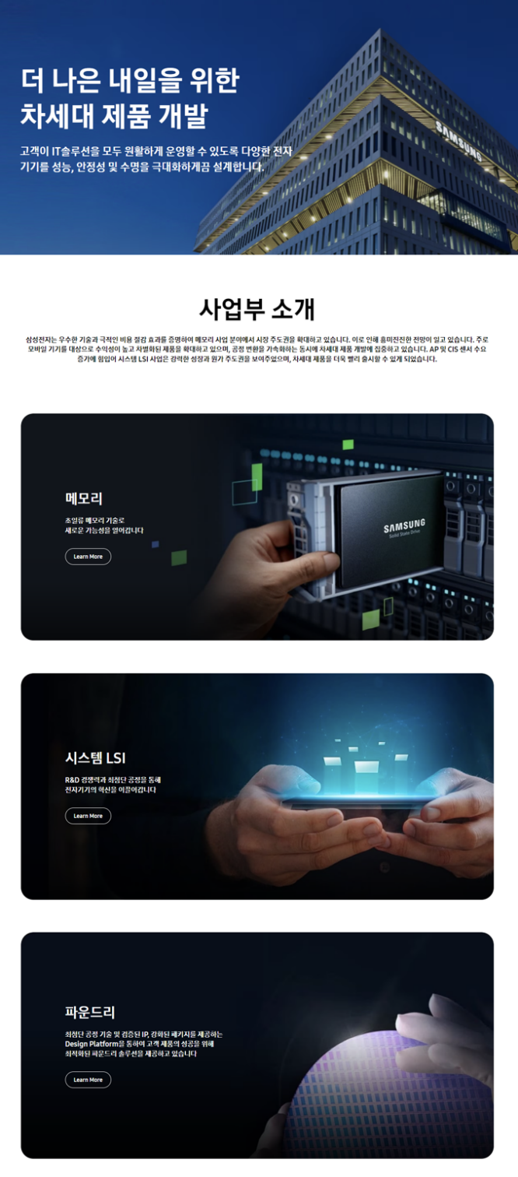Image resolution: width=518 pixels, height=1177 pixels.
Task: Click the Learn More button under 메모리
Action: tap(88, 557)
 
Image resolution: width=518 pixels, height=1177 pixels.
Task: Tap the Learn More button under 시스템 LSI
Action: tap(88, 816)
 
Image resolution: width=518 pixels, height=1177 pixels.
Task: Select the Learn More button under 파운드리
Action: tap(88, 1079)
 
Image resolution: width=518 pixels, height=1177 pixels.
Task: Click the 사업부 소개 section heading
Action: tap(257, 308)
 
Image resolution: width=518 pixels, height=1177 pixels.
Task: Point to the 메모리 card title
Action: tap(84, 498)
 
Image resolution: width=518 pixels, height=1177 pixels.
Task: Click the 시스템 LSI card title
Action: tap(96, 757)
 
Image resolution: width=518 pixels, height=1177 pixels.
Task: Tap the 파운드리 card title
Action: tap(89, 1011)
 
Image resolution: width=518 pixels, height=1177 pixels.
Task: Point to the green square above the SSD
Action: tap(348, 444)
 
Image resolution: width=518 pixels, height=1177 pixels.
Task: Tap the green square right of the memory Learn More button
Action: tap(179, 557)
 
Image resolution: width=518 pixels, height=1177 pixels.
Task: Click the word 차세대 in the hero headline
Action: tap(57, 116)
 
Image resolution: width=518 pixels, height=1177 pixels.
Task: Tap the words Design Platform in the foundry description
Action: tap(92, 1044)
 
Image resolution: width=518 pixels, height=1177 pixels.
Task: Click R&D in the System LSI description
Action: tap(72, 780)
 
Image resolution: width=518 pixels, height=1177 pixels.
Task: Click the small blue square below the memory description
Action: tap(156, 544)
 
